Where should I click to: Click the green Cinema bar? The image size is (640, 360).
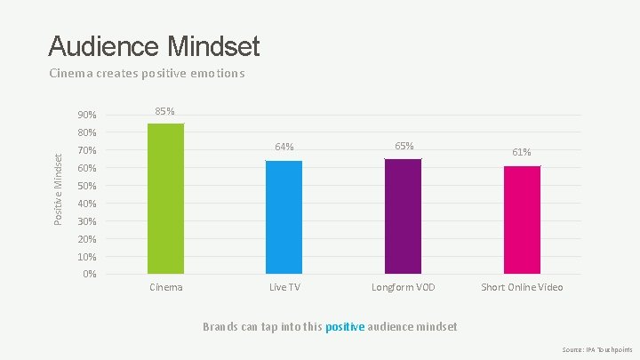pyautogui.click(x=165, y=198)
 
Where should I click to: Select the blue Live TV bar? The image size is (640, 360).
pyautogui.click(x=284, y=217)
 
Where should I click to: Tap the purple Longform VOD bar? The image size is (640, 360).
pyautogui.click(x=404, y=216)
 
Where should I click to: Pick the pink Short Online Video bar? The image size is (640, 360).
pyautogui.click(x=522, y=220)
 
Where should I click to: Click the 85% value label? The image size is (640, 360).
pyautogui.click(x=165, y=111)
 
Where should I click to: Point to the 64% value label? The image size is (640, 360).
pyautogui.click(x=284, y=147)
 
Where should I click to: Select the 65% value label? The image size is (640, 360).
pyautogui.click(x=404, y=146)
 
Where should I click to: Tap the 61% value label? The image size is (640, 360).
pyautogui.click(x=522, y=152)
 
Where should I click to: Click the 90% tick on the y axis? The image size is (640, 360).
pyautogui.click(x=87, y=115)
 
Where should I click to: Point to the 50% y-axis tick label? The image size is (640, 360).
pyautogui.click(x=87, y=186)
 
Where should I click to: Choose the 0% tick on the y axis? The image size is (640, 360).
pyautogui.click(x=90, y=274)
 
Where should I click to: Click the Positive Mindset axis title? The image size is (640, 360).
pyautogui.click(x=59, y=189)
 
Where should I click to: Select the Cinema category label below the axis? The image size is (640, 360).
pyautogui.click(x=165, y=287)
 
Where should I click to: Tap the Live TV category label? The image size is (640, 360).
pyautogui.click(x=284, y=287)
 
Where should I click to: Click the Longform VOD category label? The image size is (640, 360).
pyautogui.click(x=404, y=287)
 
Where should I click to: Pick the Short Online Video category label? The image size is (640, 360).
pyautogui.click(x=522, y=287)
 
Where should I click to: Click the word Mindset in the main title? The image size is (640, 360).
pyautogui.click(x=213, y=45)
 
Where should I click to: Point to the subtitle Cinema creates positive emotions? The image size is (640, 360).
pyautogui.click(x=147, y=74)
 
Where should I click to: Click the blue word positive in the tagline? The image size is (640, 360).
pyautogui.click(x=345, y=327)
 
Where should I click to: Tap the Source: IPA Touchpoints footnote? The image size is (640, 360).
pyautogui.click(x=597, y=350)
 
